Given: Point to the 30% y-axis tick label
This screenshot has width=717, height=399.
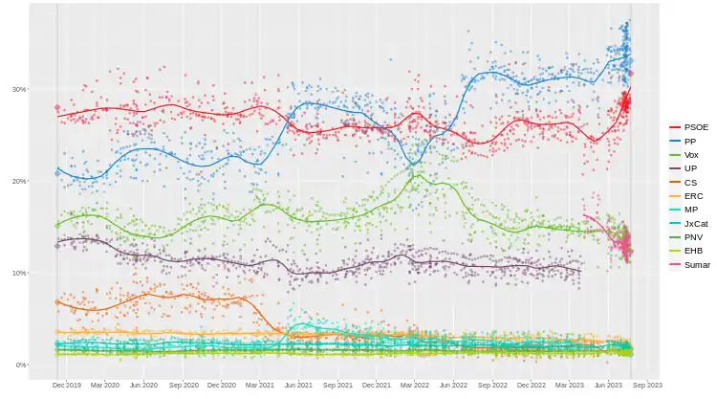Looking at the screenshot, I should coord(18,89).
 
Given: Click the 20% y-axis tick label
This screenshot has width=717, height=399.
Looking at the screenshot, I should coord(18,181).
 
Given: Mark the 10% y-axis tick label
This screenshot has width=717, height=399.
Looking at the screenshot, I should coord(18,273).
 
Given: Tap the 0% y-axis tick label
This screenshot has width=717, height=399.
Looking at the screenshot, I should coord(20,365).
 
